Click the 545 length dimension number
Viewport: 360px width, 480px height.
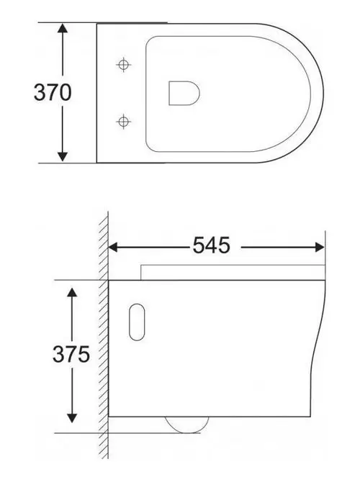[211, 247]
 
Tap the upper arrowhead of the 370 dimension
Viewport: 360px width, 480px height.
[63, 30]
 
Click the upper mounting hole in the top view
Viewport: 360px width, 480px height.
[125, 65]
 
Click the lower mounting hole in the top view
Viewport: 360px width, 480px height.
[125, 119]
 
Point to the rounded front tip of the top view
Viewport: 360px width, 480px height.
[321, 92]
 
